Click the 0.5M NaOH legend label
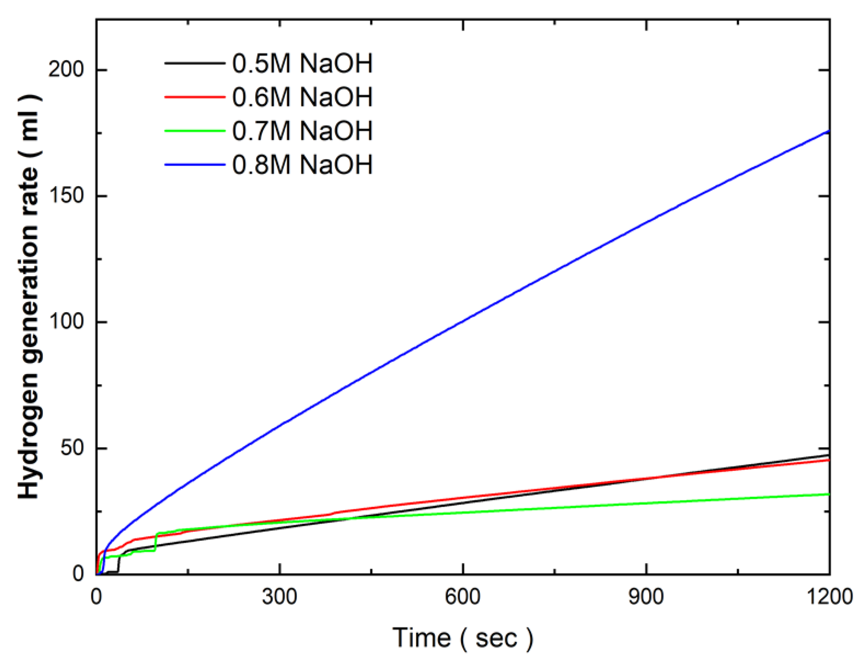point(302,63)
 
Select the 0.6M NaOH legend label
point(302,97)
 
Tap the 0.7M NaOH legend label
point(302,131)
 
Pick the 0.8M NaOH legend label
point(302,165)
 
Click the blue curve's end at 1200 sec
point(828,131)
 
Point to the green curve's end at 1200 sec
point(828,494)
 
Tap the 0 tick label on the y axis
point(78,574)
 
